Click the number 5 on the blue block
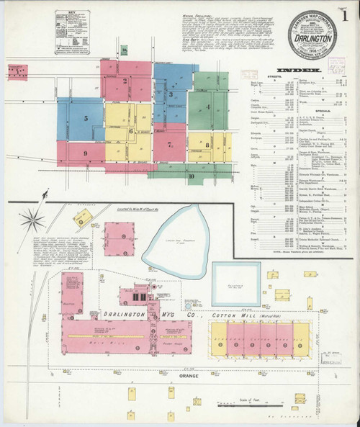pos(86,117)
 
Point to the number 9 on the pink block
pos(85,153)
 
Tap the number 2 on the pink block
pos(125,81)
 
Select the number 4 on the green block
pos(207,107)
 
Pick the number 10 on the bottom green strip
pos(191,175)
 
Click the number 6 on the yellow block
pos(130,131)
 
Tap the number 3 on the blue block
pos(171,94)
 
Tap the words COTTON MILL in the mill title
pos(229,316)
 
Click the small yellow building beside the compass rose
pos(81,217)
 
